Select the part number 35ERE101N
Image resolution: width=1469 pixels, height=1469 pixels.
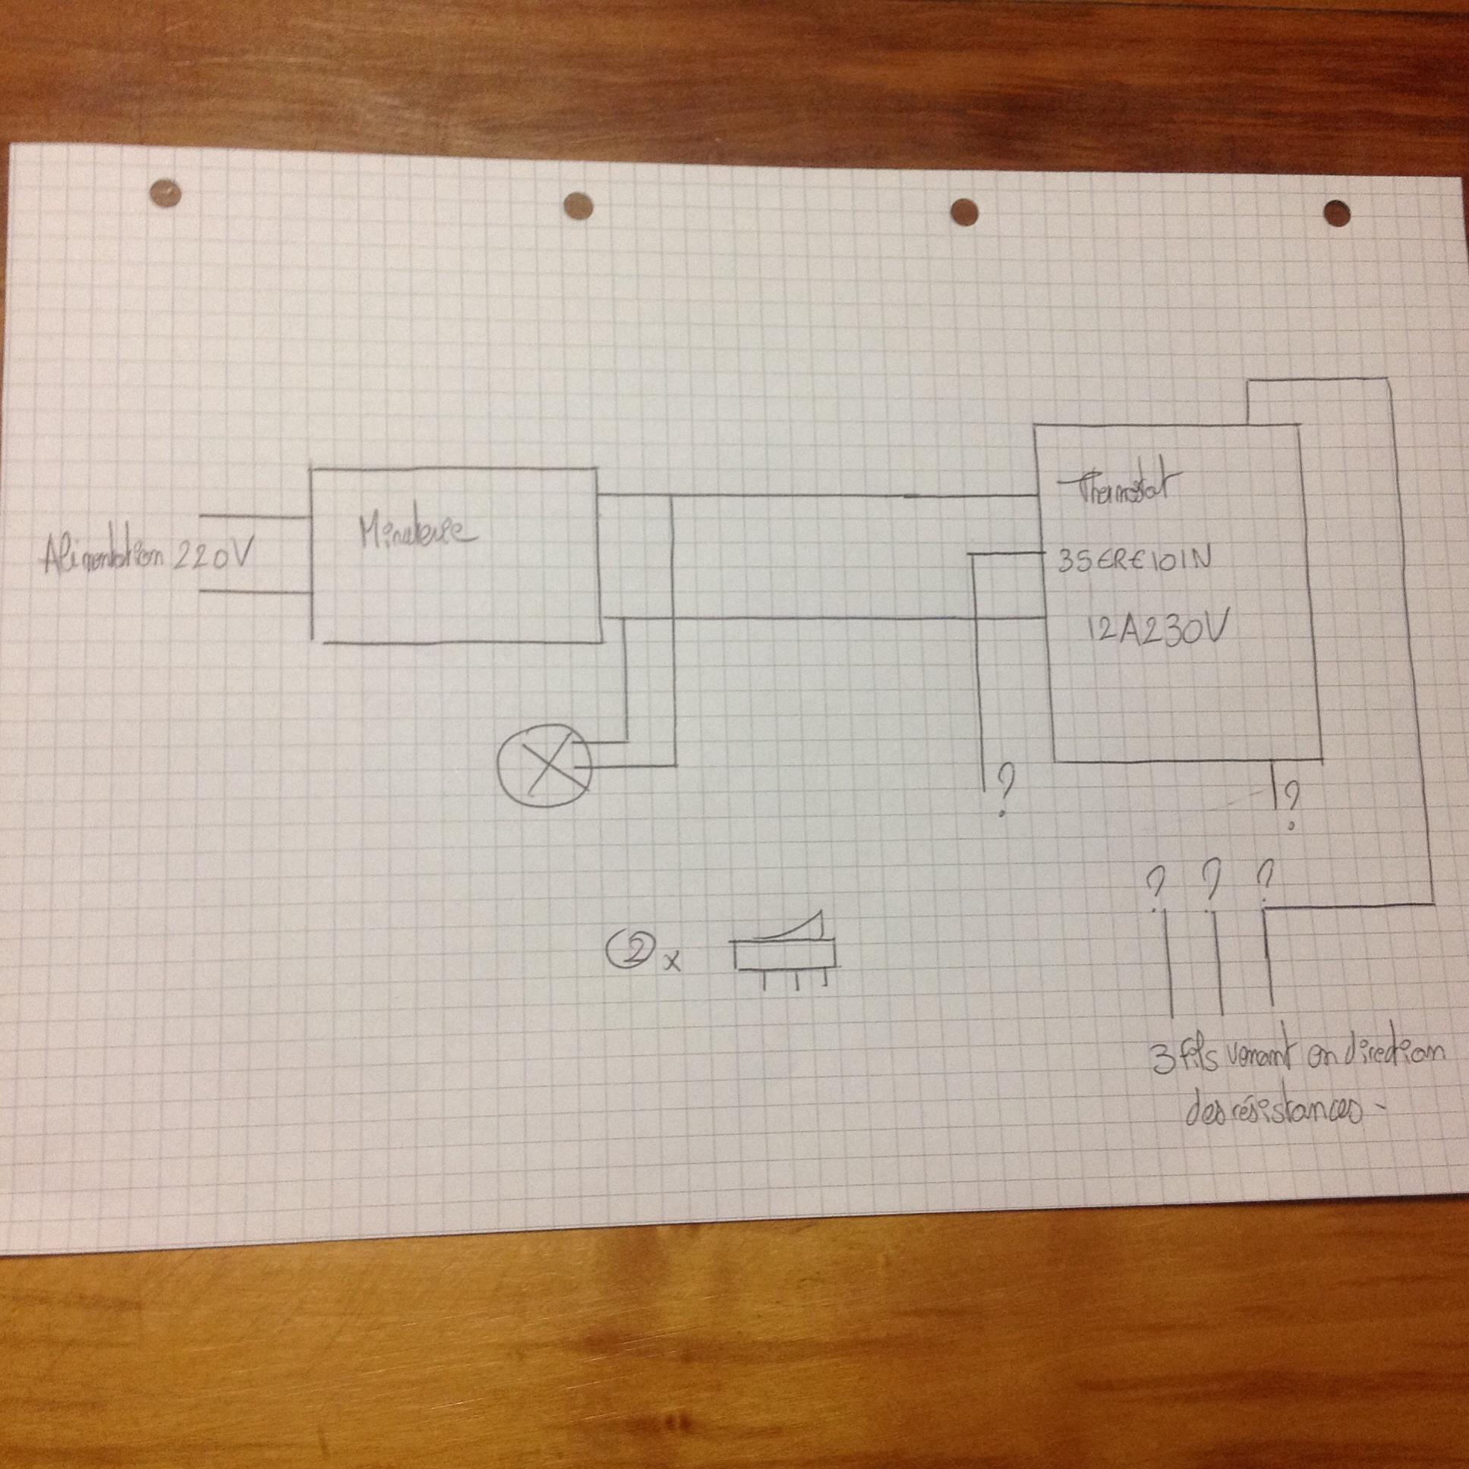click(x=1133, y=561)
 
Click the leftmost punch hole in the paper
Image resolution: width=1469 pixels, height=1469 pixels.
click(x=166, y=192)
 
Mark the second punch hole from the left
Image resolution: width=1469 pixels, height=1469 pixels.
click(x=578, y=203)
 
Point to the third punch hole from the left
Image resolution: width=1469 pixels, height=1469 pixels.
click(x=963, y=210)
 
